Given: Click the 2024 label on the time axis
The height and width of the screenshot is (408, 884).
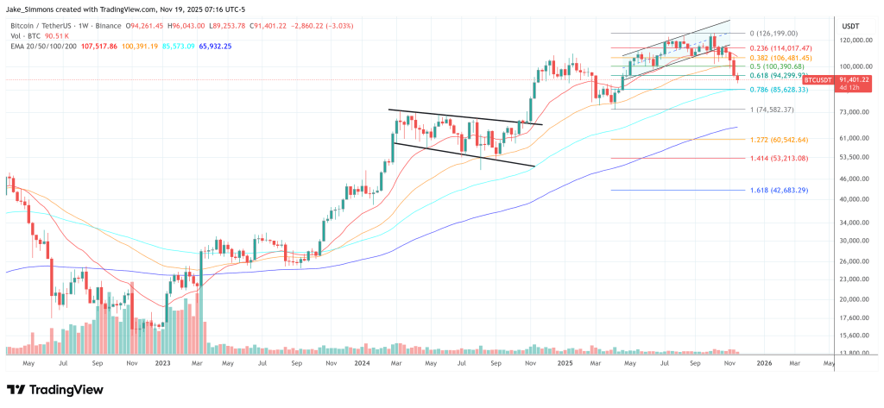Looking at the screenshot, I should [x=363, y=363].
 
